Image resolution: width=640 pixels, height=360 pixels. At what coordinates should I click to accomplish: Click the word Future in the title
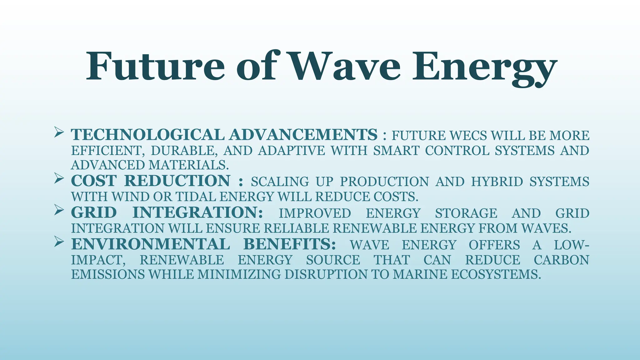[x=155, y=67]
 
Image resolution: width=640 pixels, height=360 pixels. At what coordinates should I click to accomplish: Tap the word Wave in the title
[x=345, y=67]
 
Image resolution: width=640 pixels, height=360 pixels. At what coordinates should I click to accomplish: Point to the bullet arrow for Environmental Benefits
[x=59, y=241]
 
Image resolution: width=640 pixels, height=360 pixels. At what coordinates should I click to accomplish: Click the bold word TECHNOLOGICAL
[x=147, y=135]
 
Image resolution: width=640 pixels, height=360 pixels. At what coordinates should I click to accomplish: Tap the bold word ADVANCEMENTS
[x=303, y=135]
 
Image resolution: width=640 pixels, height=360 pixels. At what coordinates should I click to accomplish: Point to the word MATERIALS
[x=188, y=165]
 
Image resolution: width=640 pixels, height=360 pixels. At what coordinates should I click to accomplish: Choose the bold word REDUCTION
[x=177, y=181]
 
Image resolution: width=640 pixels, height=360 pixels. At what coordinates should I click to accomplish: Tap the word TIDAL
[x=196, y=197]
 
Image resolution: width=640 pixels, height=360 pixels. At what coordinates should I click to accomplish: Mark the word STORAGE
[x=466, y=213]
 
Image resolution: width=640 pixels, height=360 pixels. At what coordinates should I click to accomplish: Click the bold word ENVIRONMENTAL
[x=151, y=244]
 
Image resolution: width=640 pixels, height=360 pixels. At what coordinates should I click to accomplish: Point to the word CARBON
[x=561, y=260]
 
